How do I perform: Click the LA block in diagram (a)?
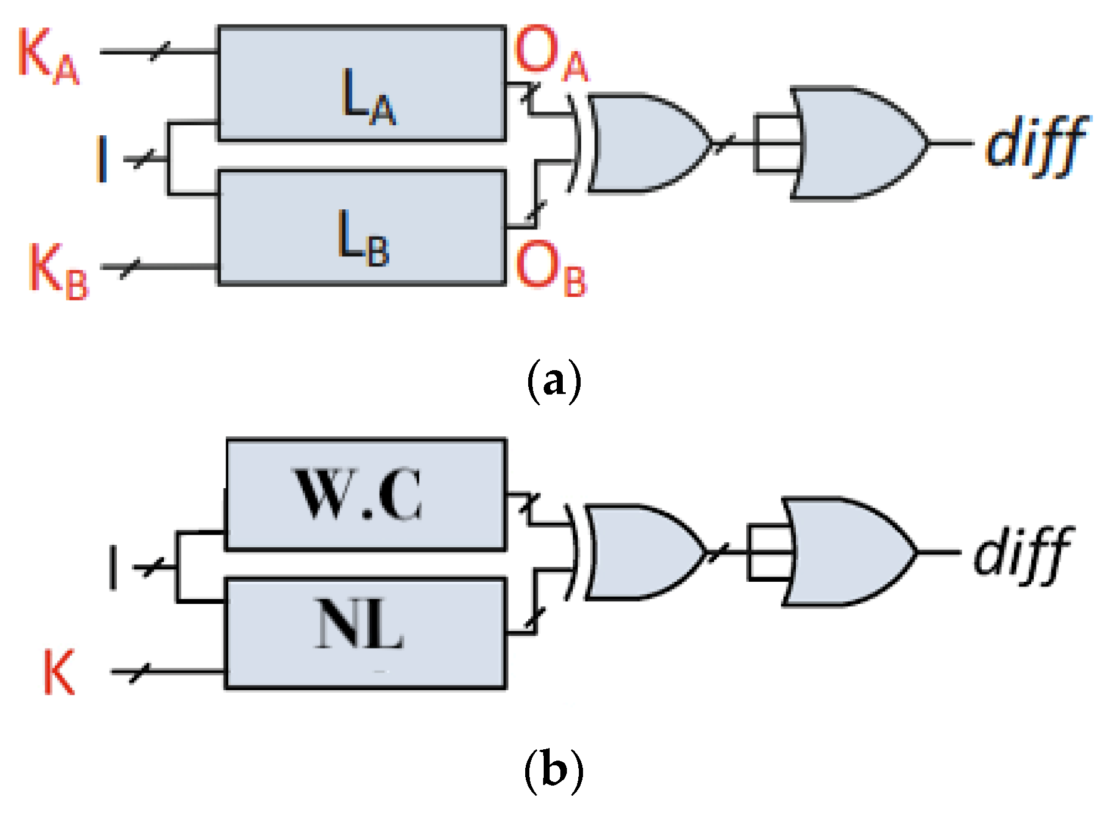[362, 83]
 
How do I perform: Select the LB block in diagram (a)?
[362, 228]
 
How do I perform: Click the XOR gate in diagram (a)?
[644, 143]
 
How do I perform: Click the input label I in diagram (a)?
[103, 159]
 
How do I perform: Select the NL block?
[365, 633]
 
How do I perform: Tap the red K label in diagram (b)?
[59, 672]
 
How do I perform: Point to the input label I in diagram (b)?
[113, 567]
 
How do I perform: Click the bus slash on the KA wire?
[159, 51]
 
